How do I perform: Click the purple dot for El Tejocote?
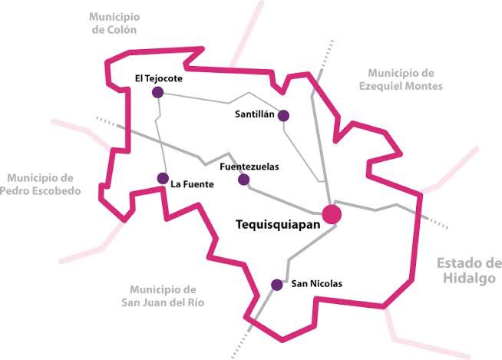pyautogui.click(x=158, y=93)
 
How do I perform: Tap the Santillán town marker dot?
pyautogui.click(x=283, y=116)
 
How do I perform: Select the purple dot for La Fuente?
pyautogui.click(x=163, y=178)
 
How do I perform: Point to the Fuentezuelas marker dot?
pyautogui.click(x=243, y=180)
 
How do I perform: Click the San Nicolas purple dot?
pyautogui.click(x=277, y=285)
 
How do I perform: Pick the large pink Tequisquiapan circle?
pyautogui.click(x=332, y=214)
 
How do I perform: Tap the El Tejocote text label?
pyautogui.click(x=158, y=78)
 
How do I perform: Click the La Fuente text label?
pyautogui.click(x=192, y=184)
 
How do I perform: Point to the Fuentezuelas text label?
pyautogui.click(x=249, y=166)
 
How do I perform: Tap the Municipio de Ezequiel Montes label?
pyautogui.click(x=401, y=79)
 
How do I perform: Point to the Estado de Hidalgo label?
pyautogui.click(x=469, y=271)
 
